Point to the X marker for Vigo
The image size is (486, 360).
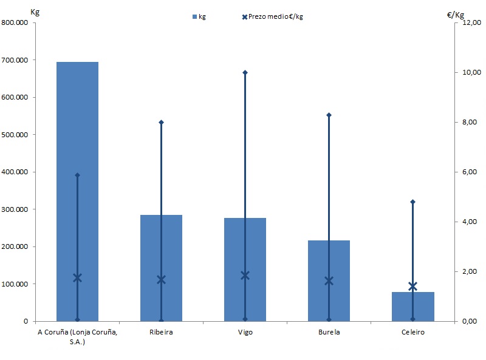(245, 275)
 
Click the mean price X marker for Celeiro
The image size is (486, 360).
(412, 286)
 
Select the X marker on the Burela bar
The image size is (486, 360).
(329, 280)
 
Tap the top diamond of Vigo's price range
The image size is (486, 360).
(245, 72)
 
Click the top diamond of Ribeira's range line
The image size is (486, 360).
(161, 122)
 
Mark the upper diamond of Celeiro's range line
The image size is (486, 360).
(412, 202)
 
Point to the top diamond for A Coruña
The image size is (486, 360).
(77, 175)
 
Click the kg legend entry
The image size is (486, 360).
(199, 16)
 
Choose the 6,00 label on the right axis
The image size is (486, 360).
(471, 172)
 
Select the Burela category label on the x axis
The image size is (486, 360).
(329, 333)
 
